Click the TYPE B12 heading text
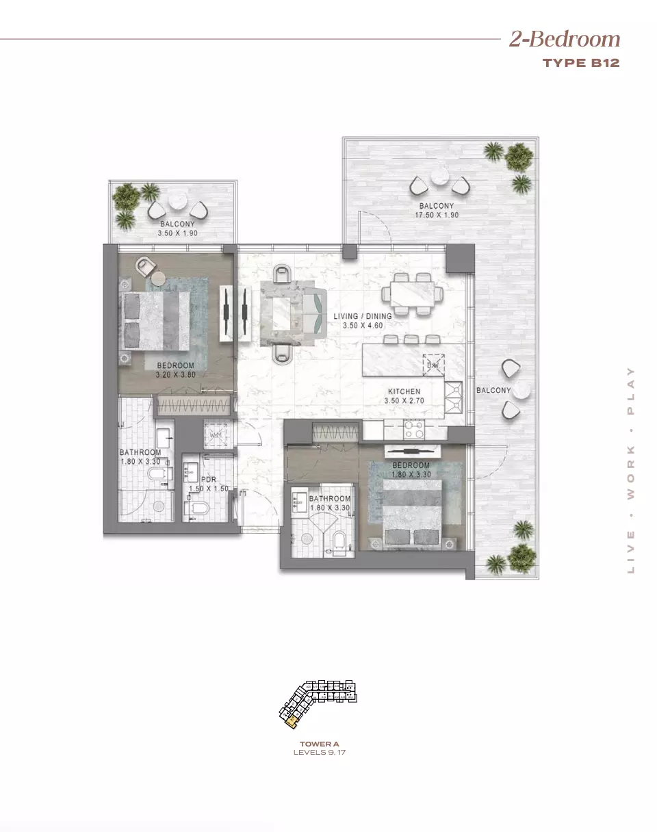click(581, 64)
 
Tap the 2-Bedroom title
click(565, 39)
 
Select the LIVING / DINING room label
click(363, 316)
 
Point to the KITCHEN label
click(404, 391)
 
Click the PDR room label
click(208, 480)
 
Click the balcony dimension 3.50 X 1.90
click(177, 233)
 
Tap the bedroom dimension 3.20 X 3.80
click(175, 375)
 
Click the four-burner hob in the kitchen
click(415, 430)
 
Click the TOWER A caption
click(320, 744)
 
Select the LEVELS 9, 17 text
click(320, 752)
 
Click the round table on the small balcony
click(178, 201)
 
